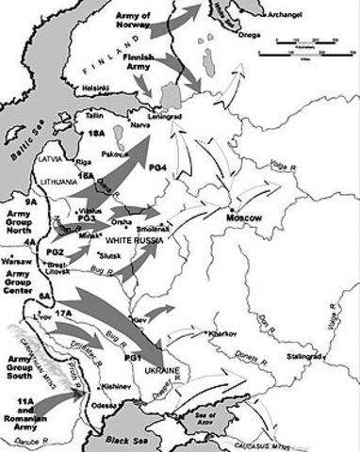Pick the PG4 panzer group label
[158, 166]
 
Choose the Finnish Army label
[139, 64]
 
